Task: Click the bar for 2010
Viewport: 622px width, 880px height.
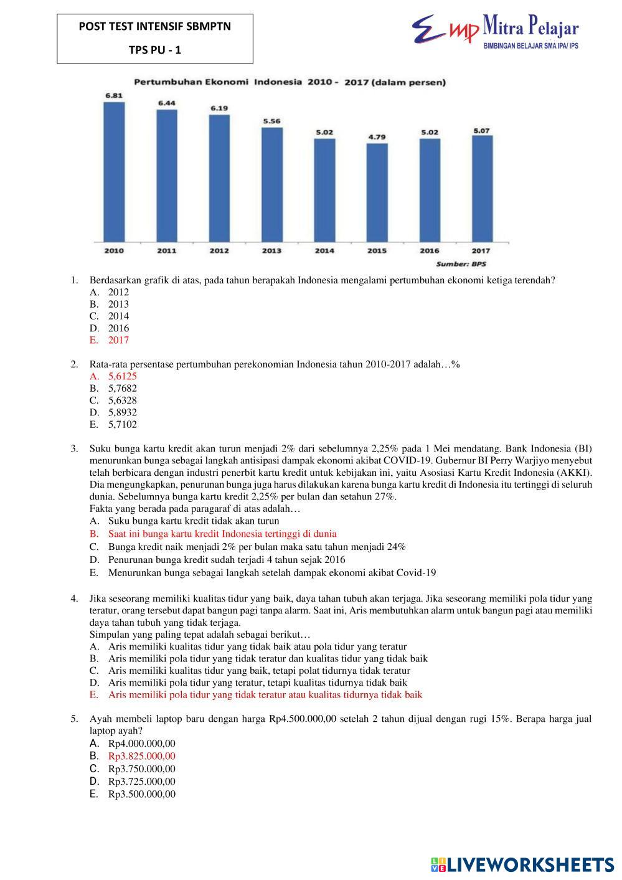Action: pos(114,171)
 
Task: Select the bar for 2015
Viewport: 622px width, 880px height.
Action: pos(377,192)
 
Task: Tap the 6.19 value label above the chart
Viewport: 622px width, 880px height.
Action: pos(219,108)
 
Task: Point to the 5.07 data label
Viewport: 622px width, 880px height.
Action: pos(481,131)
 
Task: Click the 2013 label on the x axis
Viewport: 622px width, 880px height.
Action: pos(271,251)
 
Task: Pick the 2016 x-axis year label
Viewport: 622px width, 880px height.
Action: pos(429,251)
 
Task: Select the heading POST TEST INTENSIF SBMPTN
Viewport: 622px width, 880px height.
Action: pos(155,27)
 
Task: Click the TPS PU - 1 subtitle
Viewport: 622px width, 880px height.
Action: pos(155,50)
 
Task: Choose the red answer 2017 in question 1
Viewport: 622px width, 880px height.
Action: pos(118,340)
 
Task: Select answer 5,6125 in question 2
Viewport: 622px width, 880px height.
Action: pos(123,376)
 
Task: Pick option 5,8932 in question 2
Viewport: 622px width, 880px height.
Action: pos(123,412)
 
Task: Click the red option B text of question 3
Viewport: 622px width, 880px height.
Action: pos(222,534)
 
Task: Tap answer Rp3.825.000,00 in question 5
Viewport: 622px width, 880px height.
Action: pos(142,756)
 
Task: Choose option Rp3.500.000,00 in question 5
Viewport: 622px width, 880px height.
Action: pos(142,794)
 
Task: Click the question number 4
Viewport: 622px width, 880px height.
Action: pos(74,598)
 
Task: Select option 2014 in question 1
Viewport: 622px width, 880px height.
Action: pos(118,316)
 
